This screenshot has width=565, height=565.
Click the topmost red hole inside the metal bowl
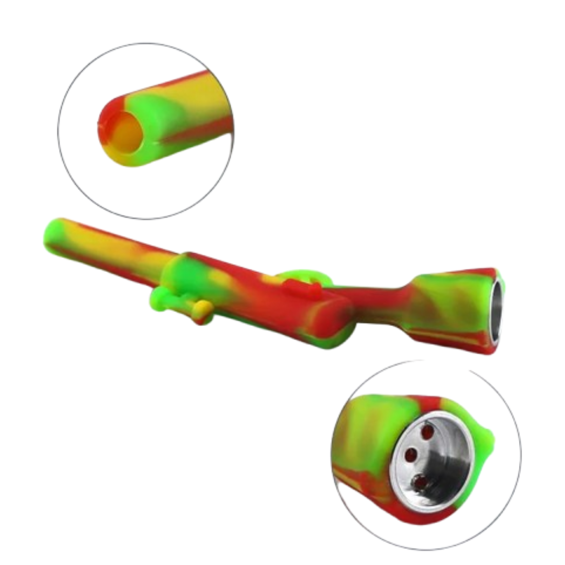pyautogui.click(x=427, y=432)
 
